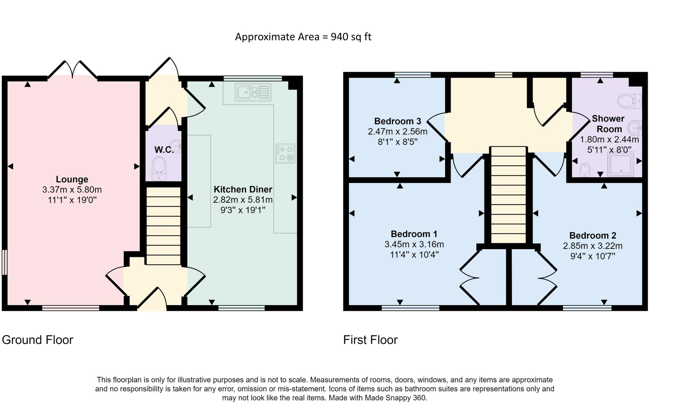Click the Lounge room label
[x=72, y=179]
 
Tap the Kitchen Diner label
[x=243, y=189]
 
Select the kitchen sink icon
[x=253, y=92]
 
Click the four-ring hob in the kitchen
[x=285, y=153]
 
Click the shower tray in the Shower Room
[x=620, y=164]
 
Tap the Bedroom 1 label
[x=414, y=234]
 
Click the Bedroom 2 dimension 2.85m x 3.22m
[x=593, y=246]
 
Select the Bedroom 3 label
[x=398, y=121]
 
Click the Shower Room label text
[x=608, y=124]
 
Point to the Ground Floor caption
[x=38, y=340]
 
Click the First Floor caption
[x=371, y=340]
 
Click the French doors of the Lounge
[x=72, y=70]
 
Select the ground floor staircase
[x=163, y=226]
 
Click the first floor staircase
[x=508, y=195]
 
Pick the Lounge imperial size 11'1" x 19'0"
[x=72, y=200]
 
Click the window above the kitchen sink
[x=253, y=78]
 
